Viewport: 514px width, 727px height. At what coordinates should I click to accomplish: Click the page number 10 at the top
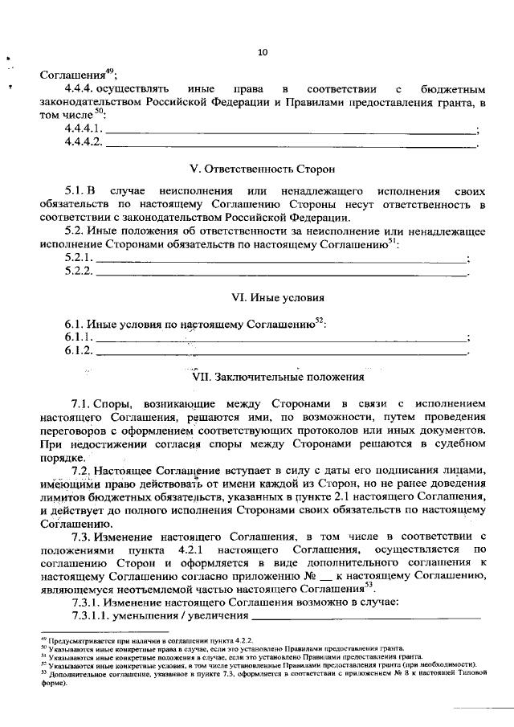263,53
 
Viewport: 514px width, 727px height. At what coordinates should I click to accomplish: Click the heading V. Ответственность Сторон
262,169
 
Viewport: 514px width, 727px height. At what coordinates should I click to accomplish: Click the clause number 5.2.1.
79,258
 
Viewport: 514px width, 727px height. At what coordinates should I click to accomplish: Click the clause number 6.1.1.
79,337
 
